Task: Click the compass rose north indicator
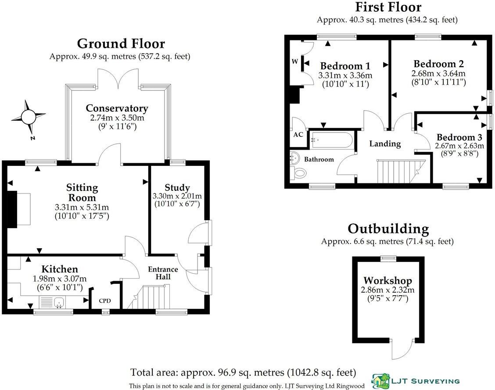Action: pyautogui.click(x=28, y=117)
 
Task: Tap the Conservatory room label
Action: pyautogui.click(x=117, y=108)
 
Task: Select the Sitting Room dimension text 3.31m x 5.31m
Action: pyautogui.click(x=82, y=207)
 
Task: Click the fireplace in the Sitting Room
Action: pyautogui.click(x=18, y=209)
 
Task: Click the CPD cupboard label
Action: pyautogui.click(x=105, y=301)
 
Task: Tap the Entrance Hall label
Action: pyautogui.click(x=162, y=273)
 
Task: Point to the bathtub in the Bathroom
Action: pyautogui.click(x=331, y=140)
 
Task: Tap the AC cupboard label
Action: pyautogui.click(x=298, y=135)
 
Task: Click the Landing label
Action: pyautogui.click(x=385, y=143)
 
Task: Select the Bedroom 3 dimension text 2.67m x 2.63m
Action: pyautogui.click(x=459, y=146)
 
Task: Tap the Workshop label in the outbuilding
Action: pyautogui.click(x=387, y=281)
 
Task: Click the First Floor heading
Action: pyautogui.click(x=387, y=7)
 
